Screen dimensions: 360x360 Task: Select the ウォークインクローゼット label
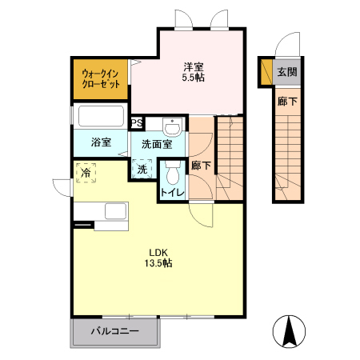tap(101, 78)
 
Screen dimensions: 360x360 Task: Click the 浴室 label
tap(100, 143)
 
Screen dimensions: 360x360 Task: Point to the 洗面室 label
tap(157, 145)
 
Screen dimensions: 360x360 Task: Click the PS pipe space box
tap(138, 123)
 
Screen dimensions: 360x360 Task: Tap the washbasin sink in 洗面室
tap(170, 127)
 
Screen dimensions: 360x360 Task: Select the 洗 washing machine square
tap(142, 169)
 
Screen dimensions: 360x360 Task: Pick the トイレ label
tap(172, 193)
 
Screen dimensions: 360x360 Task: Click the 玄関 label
tap(286, 72)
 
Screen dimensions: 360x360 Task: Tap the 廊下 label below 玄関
tap(286, 102)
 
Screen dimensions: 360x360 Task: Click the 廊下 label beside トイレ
tap(202, 166)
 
